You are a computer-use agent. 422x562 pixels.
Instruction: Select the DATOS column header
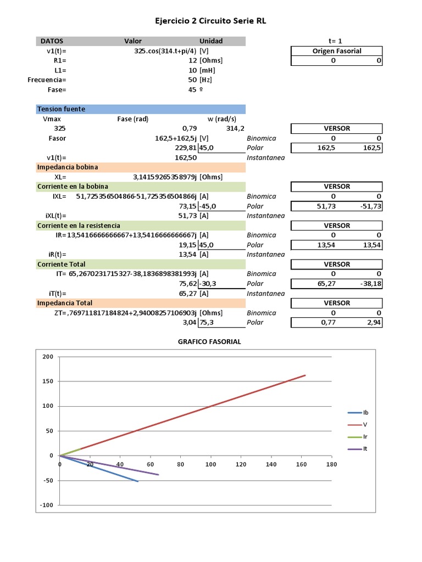click(x=52, y=41)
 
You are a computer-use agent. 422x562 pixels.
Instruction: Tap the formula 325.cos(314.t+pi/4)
click(x=166, y=50)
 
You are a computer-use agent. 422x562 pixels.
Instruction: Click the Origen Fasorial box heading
click(x=337, y=51)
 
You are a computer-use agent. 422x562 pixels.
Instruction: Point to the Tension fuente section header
click(x=61, y=109)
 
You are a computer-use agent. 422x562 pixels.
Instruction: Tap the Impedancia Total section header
click(x=65, y=303)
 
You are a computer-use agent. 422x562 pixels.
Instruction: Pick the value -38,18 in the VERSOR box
click(x=370, y=284)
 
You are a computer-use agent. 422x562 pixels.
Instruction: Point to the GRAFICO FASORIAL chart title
click(x=209, y=342)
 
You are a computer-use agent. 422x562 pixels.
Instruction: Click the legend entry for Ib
click(x=365, y=413)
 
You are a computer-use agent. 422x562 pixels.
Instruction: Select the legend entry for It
click(x=365, y=449)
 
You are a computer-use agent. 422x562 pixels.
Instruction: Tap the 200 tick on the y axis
click(x=48, y=357)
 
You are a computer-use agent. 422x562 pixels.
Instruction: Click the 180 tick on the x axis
click(x=331, y=464)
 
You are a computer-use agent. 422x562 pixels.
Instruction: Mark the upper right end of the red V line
click(x=306, y=375)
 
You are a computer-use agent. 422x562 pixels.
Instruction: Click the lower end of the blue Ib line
click(x=138, y=481)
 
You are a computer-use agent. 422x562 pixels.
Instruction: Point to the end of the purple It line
click(x=158, y=475)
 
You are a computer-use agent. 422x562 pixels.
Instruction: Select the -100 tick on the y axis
click(x=47, y=505)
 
